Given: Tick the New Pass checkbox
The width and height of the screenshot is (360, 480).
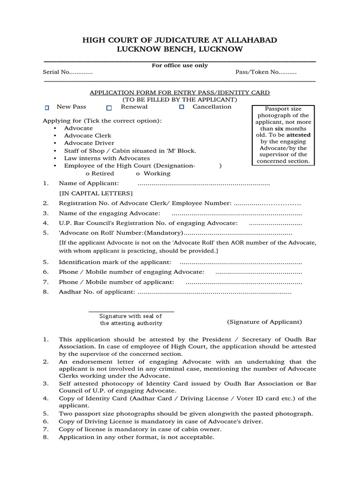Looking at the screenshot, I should tap(47, 108).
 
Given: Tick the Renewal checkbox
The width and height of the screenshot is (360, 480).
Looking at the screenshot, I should tap(109, 108).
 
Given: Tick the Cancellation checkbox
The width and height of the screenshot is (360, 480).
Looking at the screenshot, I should tap(182, 107).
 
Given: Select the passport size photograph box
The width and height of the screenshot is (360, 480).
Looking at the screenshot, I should tap(284, 135).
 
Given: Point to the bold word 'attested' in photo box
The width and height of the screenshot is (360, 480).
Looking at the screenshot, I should tap(298, 135).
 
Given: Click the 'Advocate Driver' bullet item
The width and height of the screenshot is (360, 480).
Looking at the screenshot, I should tap(89, 143).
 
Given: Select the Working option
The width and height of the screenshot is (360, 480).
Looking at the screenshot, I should tap(153, 173).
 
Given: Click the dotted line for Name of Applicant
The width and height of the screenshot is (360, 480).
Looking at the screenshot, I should tap(204, 183).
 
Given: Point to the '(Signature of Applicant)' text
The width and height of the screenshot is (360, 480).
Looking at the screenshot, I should tap(264, 322).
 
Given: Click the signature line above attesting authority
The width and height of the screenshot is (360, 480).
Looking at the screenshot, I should tap(131, 311).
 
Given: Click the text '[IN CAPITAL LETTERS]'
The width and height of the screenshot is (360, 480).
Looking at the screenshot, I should tap(96, 193).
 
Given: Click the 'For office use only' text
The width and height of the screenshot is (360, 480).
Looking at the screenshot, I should tap(180, 66).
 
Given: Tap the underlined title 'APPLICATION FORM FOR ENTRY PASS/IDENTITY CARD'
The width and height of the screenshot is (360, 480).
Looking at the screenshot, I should tap(180, 93).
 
